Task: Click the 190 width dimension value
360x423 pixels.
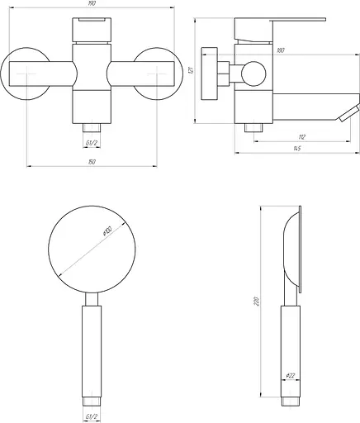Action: tap(91, 4)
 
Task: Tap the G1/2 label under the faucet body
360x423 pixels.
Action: tap(92, 141)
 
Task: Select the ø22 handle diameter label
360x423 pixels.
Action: tap(291, 377)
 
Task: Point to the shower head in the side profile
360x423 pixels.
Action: tap(295, 252)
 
